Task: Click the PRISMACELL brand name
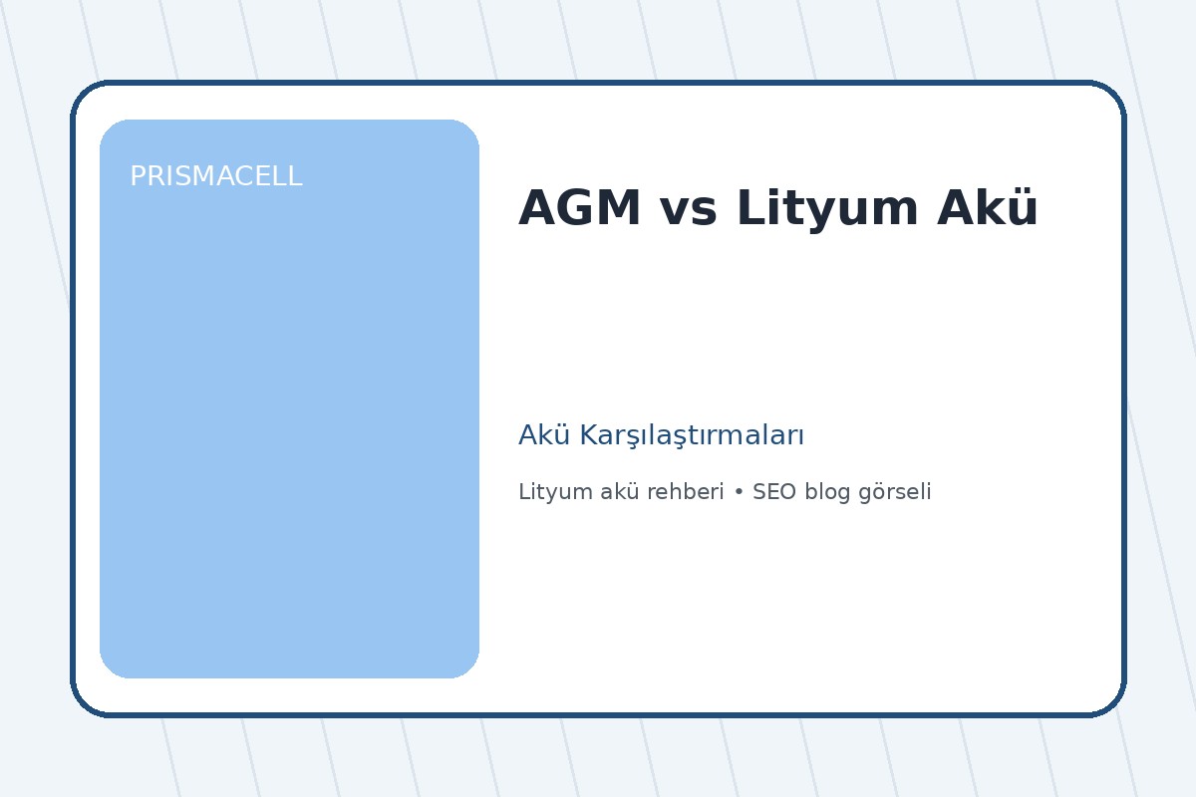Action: coord(215,177)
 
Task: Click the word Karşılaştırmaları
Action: coord(692,436)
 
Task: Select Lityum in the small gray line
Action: coord(550,492)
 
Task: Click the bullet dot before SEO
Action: coord(739,493)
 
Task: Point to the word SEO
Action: coord(773,492)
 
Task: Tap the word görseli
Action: coord(894,492)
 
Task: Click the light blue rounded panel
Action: coord(289,418)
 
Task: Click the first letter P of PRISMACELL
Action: coord(138,177)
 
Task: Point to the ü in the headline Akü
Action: coord(1024,209)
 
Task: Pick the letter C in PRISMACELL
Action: coord(242,177)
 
